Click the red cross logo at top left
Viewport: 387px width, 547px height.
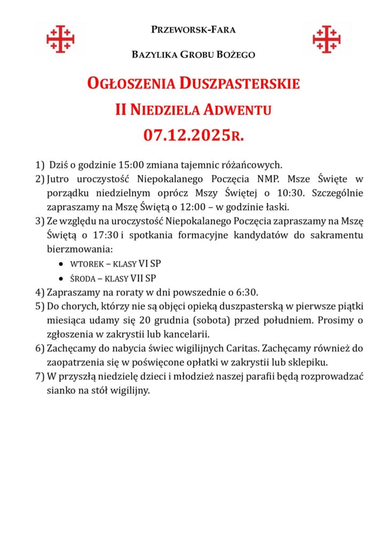point(60,39)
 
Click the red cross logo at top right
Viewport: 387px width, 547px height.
point(327,39)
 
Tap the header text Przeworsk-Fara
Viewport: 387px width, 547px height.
point(193,29)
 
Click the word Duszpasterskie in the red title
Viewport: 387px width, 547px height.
point(239,84)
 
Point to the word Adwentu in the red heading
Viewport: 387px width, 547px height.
point(236,110)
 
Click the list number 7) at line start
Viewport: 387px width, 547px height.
point(40,377)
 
